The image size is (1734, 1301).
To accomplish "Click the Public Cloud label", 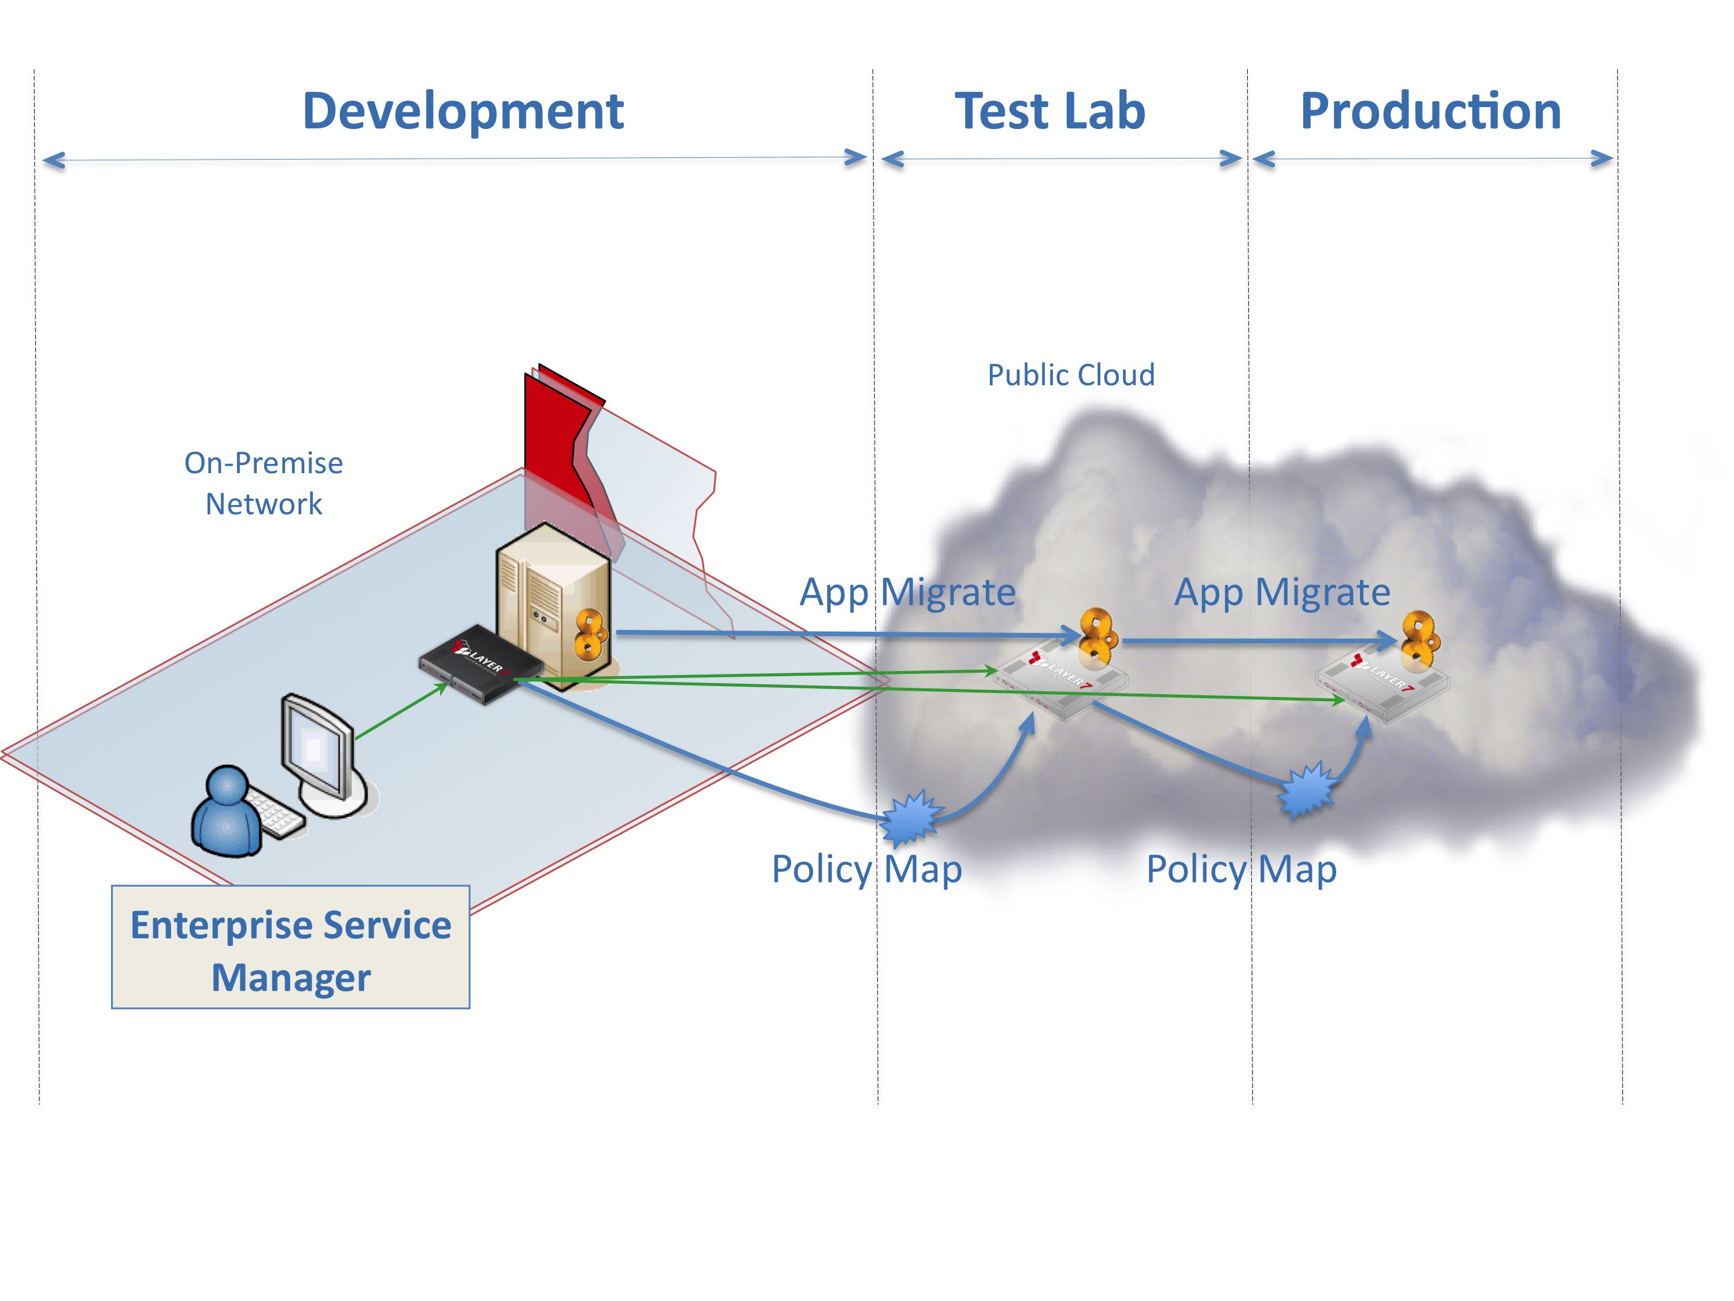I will tap(1071, 375).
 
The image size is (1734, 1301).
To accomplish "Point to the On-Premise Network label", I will tap(264, 483).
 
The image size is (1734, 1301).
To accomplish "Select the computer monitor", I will tap(318, 749).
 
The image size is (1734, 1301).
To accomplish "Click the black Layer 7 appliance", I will tap(478, 664).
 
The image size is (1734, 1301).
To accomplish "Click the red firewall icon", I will tap(560, 439).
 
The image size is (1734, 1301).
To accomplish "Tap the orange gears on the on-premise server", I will tap(592, 633).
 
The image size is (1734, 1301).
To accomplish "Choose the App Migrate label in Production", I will tap(1282, 592).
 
